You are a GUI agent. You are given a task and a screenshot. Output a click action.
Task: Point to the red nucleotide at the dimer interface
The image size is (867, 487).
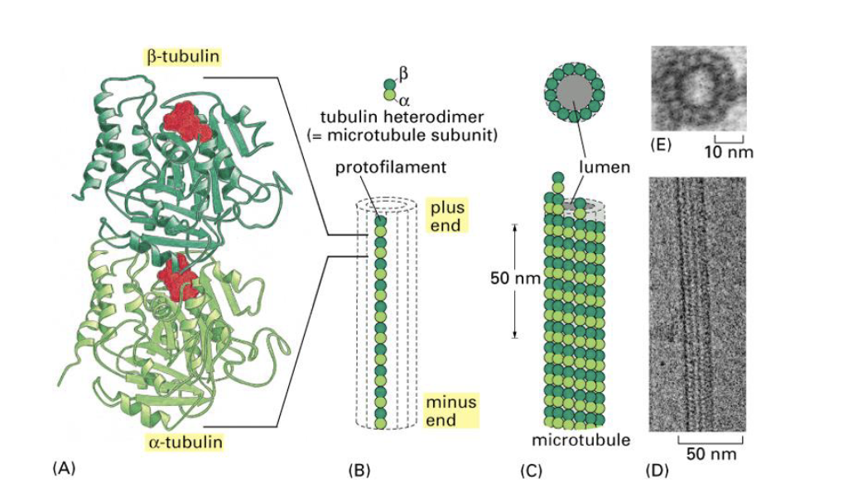coord(178,277)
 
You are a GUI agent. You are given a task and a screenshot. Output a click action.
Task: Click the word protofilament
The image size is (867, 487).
coord(391,168)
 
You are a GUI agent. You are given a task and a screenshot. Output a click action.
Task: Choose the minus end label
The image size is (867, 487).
coord(450,410)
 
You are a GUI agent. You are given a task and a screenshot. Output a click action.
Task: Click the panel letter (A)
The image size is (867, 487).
coord(64,468)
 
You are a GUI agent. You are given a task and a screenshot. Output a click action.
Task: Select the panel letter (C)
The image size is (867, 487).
coord(530,471)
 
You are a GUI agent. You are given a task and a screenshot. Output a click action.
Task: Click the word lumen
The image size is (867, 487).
coord(604,167)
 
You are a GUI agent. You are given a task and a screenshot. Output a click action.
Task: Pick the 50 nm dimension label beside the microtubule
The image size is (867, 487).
coord(515,279)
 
